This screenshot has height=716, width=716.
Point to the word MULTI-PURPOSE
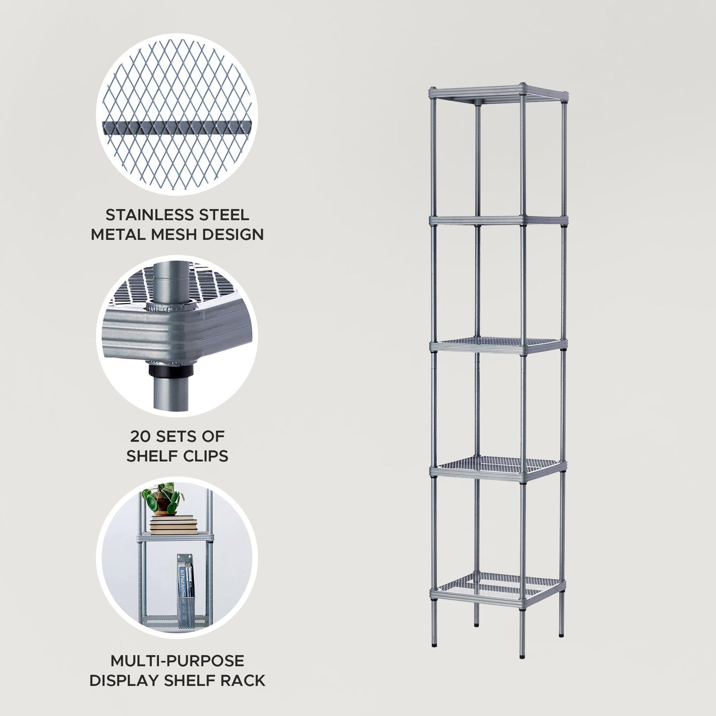(x=177, y=661)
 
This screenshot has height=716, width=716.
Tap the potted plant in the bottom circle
(x=163, y=498)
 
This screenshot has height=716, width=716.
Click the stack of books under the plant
(x=173, y=525)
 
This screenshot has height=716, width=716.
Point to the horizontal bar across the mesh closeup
(x=177, y=127)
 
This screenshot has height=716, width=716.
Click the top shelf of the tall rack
(x=498, y=93)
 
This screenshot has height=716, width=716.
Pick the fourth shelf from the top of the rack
(x=498, y=467)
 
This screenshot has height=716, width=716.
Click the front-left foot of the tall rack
(x=435, y=644)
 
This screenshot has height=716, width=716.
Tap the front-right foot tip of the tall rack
(x=522, y=656)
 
